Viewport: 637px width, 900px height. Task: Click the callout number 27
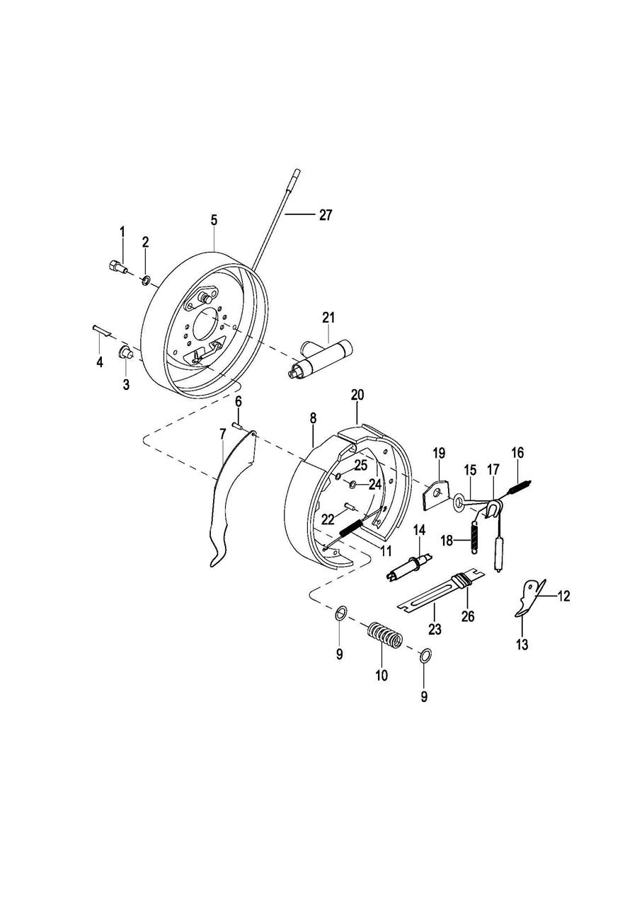[326, 215]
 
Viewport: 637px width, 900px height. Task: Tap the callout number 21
[328, 318]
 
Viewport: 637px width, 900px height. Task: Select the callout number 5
[214, 220]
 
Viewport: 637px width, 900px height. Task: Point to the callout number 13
[522, 645]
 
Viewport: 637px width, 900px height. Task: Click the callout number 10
[381, 676]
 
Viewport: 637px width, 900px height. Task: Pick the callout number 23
[435, 629]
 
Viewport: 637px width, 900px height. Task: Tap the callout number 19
[439, 454]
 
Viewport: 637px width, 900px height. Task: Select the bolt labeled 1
[117, 267]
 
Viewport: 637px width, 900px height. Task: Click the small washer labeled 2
[146, 279]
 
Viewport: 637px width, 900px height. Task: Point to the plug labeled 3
[125, 352]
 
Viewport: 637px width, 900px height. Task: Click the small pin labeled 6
[237, 425]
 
